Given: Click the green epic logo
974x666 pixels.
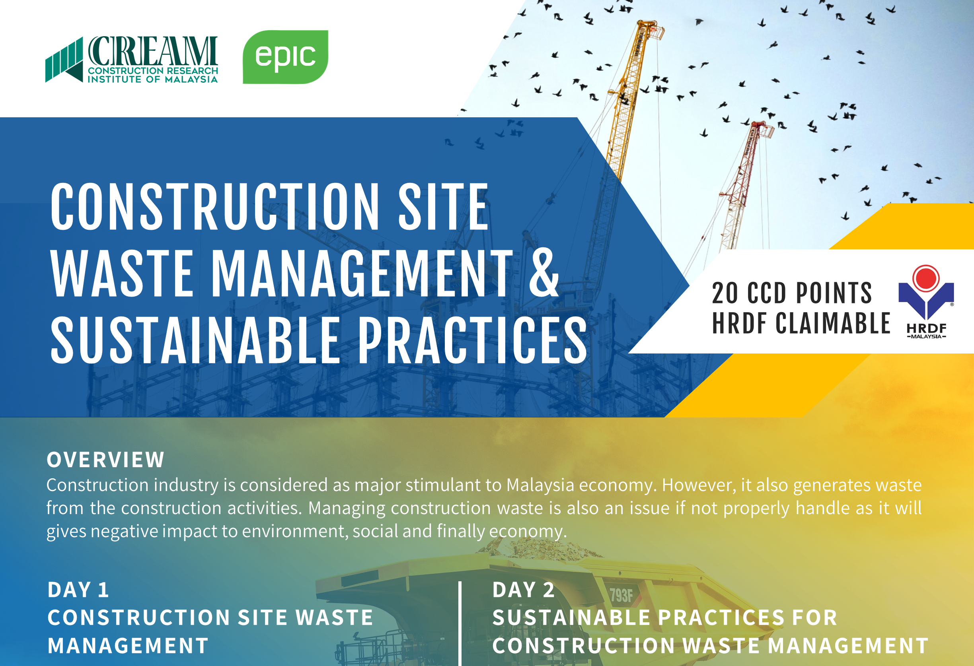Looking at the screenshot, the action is (x=285, y=57).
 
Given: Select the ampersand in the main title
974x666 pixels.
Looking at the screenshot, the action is (x=543, y=273).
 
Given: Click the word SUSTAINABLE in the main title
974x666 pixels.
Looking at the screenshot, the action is (x=195, y=340).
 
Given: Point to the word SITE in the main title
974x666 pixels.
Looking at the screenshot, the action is (x=443, y=207).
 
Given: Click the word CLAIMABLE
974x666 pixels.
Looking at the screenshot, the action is (x=833, y=323).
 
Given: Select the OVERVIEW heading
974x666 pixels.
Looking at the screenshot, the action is (x=105, y=460).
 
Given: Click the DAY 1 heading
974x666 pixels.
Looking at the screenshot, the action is (x=78, y=590).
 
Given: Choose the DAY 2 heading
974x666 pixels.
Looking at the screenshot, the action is (x=524, y=590).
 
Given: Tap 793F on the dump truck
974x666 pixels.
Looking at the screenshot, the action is (x=621, y=595).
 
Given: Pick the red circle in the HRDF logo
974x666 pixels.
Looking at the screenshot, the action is (x=926, y=278).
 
